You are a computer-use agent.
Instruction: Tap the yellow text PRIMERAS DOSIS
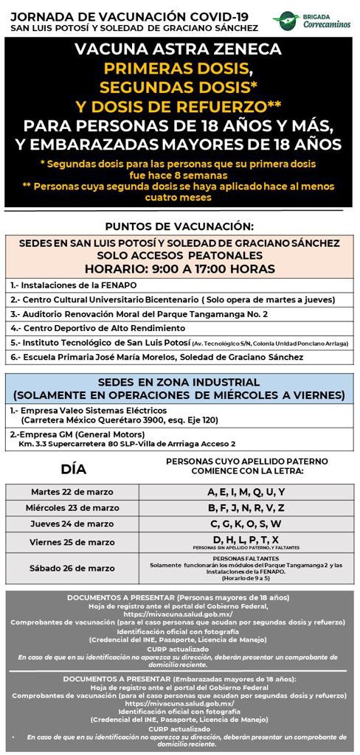click(179, 69)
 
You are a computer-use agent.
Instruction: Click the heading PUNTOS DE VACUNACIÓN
click(179, 226)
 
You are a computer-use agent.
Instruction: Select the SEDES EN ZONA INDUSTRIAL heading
click(179, 382)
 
